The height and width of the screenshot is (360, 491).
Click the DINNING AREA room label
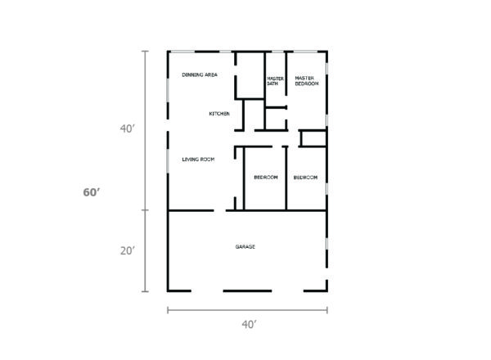[200, 74]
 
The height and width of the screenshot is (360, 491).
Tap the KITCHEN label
[219, 114]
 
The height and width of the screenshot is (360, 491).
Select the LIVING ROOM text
[198, 160]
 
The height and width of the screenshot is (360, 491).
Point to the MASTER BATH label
[275, 81]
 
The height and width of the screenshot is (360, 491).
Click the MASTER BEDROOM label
[307, 81]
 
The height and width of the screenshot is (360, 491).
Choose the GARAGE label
[245, 246]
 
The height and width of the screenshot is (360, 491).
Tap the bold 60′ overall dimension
[92, 192]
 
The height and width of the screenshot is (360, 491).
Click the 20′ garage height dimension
[128, 250]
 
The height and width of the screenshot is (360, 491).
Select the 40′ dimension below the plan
[250, 325]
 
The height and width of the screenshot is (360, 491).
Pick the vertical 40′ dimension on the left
[128, 128]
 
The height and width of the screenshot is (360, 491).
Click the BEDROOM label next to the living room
[266, 178]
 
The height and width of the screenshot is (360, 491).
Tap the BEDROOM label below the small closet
[305, 178]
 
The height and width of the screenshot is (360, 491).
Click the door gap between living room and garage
[220, 210]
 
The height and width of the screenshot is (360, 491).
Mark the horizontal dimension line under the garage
[247, 310]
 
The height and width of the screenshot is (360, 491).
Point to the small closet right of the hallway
[313, 138]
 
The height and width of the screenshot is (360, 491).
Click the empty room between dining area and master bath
[250, 75]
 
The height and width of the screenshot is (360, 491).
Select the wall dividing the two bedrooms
[286, 178]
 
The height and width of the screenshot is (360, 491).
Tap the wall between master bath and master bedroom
[286, 74]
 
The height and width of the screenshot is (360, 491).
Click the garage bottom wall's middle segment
[247, 290]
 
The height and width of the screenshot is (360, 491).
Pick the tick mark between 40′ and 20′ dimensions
[145, 210]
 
